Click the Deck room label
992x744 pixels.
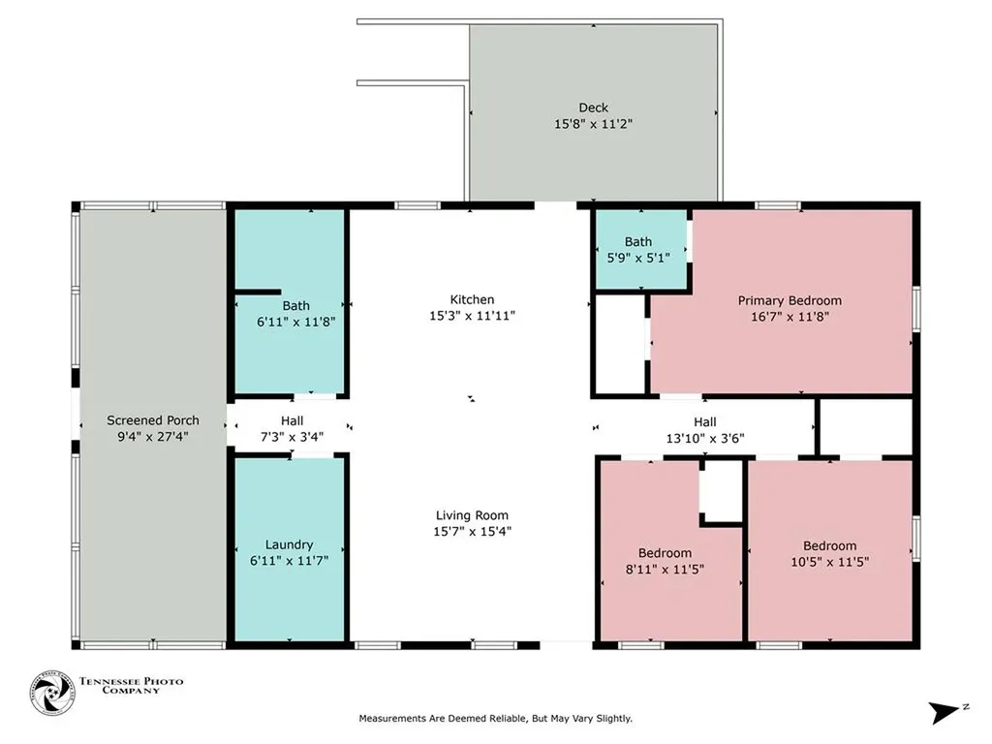[x=594, y=108]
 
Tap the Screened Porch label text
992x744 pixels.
[x=152, y=420]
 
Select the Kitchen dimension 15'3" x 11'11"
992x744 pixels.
[x=472, y=315]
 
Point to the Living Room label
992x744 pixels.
[x=472, y=515]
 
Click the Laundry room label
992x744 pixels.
[x=289, y=544]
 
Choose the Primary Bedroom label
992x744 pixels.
[x=790, y=300]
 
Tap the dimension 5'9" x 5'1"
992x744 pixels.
[x=637, y=258]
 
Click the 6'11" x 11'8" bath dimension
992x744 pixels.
[x=295, y=322]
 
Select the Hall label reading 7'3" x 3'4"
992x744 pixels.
[x=292, y=437]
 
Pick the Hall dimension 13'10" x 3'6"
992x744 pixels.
[x=705, y=438]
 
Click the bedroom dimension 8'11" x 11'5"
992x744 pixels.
[x=665, y=569]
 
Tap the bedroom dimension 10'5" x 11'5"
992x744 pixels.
[x=829, y=561]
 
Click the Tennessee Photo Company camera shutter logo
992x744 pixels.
[x=52, y=693]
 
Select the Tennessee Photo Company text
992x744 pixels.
[x=131, y=686]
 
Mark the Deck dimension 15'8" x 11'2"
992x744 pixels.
[x=594, y=124]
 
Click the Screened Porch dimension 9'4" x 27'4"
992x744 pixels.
[x=152, y=437]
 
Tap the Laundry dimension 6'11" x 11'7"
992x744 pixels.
[x=289, y=561]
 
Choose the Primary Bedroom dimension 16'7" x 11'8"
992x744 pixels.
[x=790, y=317]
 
